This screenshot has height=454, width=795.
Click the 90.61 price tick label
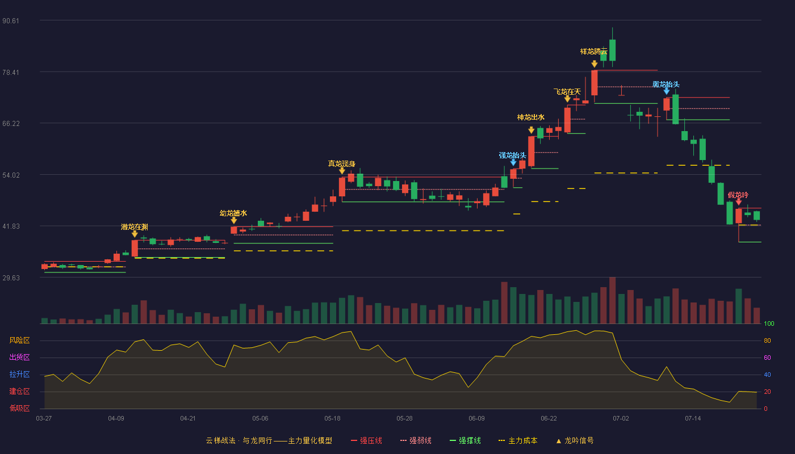tap(11, 21)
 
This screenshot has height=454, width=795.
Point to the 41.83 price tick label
tap(11, 226)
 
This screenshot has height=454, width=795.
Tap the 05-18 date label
tap(332, 419)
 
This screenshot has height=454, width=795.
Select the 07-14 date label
tap(693, 419)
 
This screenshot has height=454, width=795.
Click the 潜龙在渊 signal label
tap(134, 227)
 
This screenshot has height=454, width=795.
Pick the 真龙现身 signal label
tap(341, 163)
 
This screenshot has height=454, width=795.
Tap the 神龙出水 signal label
tap(530, 117)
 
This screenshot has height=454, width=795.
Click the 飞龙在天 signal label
tap(567, 92)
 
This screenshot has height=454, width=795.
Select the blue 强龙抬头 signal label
tap(512, 155)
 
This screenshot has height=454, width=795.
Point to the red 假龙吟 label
tap(738, 195)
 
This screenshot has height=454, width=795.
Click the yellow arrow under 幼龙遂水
tap(233, 221)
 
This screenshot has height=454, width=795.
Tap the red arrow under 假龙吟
tap(739, 202)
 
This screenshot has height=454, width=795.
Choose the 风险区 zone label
tap(19, 340)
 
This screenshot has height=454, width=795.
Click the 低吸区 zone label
tap(19, 409)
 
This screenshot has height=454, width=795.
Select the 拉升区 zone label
tap(19, 375)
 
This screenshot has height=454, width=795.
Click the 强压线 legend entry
tap(366, 440)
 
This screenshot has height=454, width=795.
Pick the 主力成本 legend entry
tap(518, 440)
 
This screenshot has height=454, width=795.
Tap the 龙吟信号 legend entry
tap(575, 440)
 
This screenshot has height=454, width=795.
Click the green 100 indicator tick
tap(769, 323)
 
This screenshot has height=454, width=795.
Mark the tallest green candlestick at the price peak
tap(612, 50)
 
